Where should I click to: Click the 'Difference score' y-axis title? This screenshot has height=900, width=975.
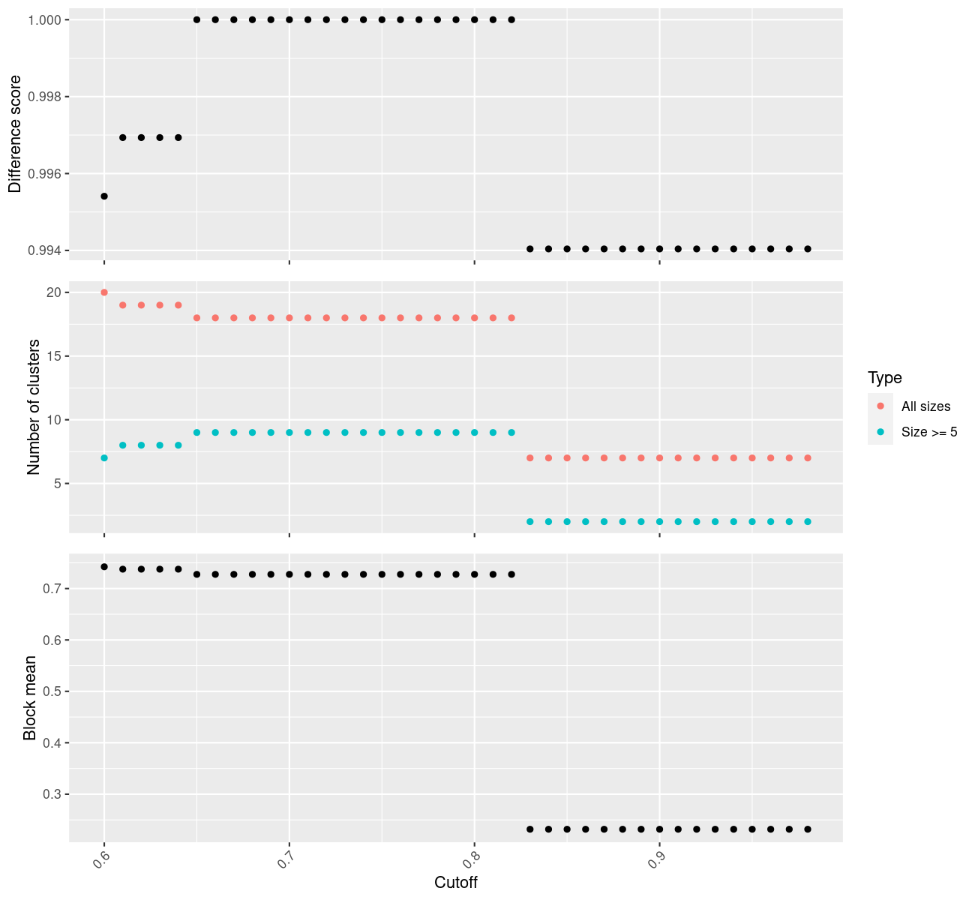tap(15, 134)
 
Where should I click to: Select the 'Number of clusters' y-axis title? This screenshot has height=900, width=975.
tap(33, 406)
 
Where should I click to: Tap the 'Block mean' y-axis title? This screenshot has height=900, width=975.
tap(30, 697)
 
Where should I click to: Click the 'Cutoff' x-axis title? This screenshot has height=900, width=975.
tap(456, 882)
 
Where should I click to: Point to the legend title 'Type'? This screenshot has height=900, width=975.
tap(884, 377)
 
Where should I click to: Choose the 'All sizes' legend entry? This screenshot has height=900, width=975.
tap(925, 406)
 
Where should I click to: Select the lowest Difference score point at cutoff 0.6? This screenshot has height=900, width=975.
tap(104, 196)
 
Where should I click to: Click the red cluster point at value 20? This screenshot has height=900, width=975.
tap(104, 292)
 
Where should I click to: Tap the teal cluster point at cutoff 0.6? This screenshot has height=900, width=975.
tap(104, 457)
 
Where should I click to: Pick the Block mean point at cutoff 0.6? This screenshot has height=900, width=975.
tap(104, 567)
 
